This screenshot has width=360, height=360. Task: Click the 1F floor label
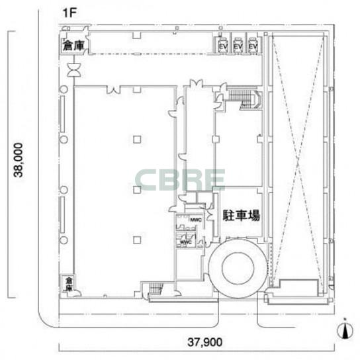point(69,13)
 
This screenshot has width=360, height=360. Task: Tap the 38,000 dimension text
point(19,160)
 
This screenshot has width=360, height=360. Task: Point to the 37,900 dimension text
point(204,342)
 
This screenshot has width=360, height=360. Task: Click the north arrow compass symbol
point(345,330)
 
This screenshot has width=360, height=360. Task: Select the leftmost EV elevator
point(223,45)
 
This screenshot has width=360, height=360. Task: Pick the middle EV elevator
point(238,45)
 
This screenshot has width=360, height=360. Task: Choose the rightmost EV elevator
point(253,45)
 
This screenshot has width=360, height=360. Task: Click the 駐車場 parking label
point(242,215)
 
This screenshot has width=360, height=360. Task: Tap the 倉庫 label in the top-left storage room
point(73,45)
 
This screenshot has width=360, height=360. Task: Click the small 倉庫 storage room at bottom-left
point(68,284)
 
